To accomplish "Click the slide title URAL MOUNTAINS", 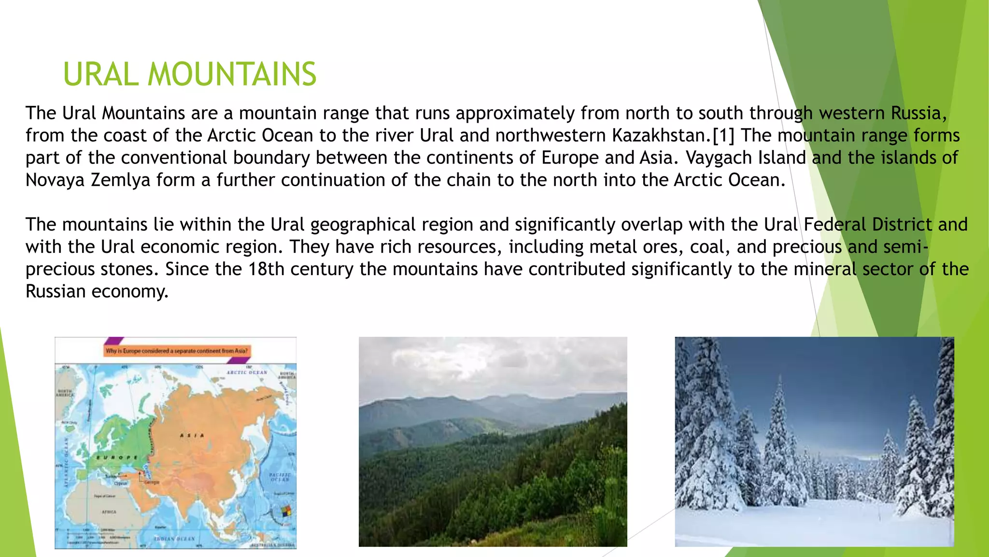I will click(189, 74).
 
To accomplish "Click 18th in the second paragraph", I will click(266, 269).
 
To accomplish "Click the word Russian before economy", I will click(56, 291).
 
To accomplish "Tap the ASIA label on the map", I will click(192, 435).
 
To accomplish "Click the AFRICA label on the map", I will click(109, 512).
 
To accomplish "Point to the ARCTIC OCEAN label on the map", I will click(247, 372).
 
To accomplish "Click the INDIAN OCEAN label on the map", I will click(174, 538).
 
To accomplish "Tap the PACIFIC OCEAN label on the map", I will click(280, 477).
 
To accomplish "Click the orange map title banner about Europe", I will click(177, 351).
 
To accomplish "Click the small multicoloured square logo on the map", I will click(286, 512).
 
